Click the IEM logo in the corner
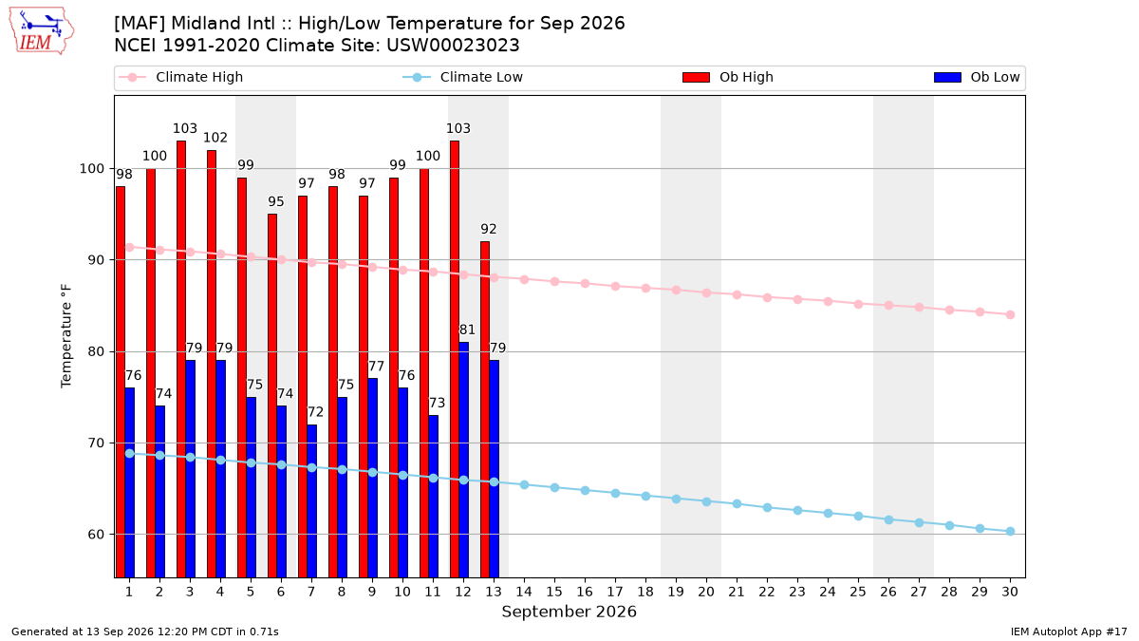42,31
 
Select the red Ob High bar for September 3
181,359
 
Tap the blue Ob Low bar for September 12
464,460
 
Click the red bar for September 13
485,409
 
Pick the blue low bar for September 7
311,501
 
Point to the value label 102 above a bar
215,138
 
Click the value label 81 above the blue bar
467,330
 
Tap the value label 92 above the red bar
488,229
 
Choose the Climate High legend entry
180,77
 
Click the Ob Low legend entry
977,77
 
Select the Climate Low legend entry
462,77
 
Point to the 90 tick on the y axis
96,260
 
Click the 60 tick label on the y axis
96,535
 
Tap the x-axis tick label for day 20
706,592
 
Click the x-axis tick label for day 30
1010,592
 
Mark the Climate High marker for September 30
1010,315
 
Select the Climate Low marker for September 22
767,508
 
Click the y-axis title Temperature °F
66,336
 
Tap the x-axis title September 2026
569,612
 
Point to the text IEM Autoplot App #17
1069,632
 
